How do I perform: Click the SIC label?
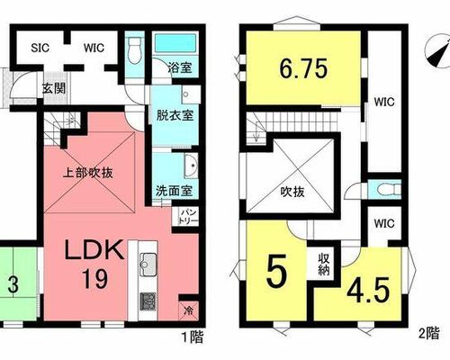click(40, 48)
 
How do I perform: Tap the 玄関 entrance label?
click(54, 88)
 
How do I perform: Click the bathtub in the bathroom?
click(175, 43)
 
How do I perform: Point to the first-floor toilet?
click(135, 49)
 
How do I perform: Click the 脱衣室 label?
click(175, 115)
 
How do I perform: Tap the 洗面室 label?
click(174, 191)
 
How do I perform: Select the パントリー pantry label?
click(189, 217)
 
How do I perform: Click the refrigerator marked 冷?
click(189, 310)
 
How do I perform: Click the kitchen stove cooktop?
click(148, 301)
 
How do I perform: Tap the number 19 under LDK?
click(95, 279)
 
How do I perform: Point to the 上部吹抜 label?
click(87, 173)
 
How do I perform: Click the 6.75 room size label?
click(303, 68)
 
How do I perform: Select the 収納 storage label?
click(324, 265)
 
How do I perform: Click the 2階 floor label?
click(429, 334)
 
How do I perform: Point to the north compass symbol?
click(438, 52)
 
